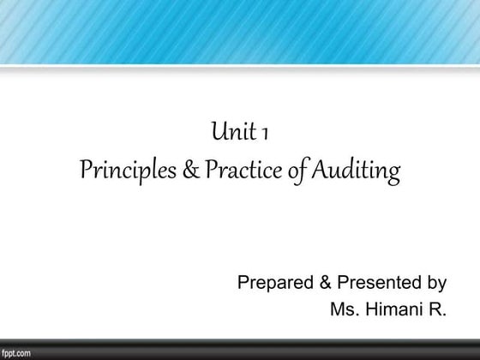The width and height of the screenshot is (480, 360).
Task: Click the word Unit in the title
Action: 231,133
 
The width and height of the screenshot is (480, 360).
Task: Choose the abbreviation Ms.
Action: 342,309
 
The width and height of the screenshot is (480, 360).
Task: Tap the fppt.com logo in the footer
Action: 16,352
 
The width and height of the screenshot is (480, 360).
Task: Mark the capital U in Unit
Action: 218,133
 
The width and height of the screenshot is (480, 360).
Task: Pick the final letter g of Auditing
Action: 394,175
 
